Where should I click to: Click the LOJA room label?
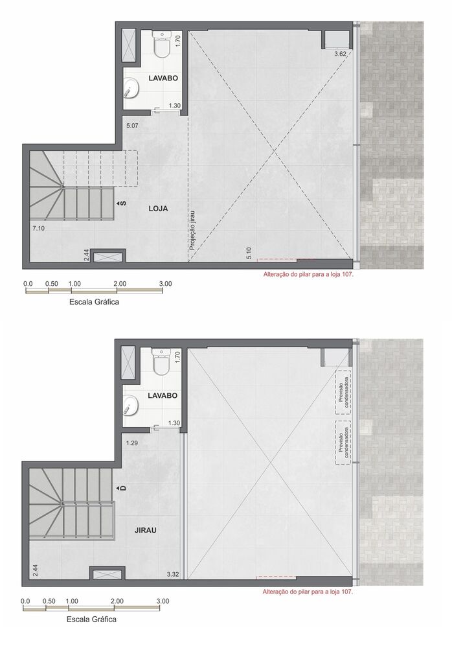pos(158,209)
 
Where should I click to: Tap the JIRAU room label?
pos(147,529)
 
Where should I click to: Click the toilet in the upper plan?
pos(161,46)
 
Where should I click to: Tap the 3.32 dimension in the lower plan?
pos(172,574)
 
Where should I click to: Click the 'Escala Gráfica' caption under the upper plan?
pos(93,302)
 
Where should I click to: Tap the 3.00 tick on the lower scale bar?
pos(163,601)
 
